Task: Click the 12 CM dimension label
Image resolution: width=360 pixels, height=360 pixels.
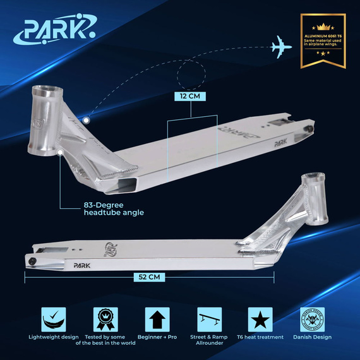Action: (191, 96)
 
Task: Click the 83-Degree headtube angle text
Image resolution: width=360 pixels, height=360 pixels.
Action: (113, 208)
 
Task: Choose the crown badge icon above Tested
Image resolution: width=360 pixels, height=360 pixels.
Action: (105, 318)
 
